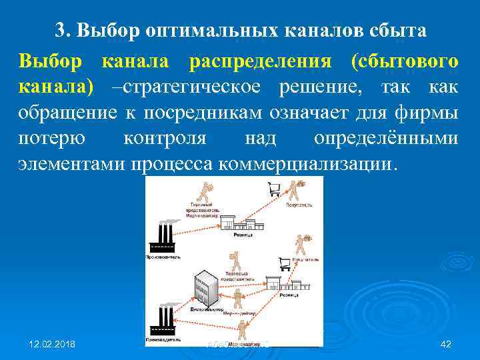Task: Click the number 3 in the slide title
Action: pyautogui.click(x=60, y=31)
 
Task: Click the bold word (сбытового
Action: pyautogui.click(x=405, y=62)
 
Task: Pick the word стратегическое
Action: pyautogui.click(x=187, y=87)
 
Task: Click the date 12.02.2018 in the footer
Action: pyautogui.click(x=52, y=344)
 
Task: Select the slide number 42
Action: pyautogui.click(x=447, y=344)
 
